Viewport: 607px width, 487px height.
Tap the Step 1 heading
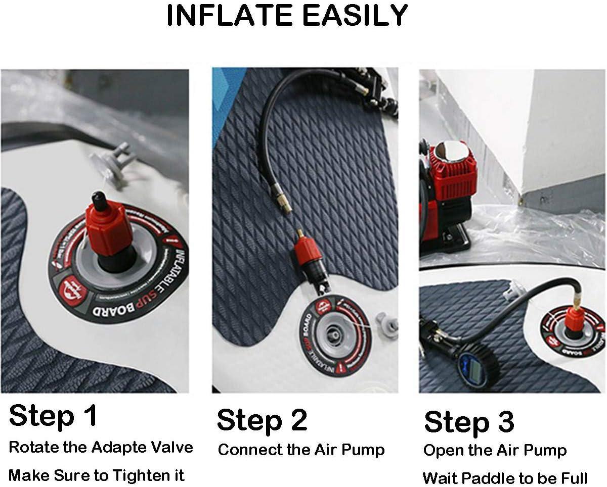click(x=53, y=416)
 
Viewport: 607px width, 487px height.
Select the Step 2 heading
click(x=262, y=420)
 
